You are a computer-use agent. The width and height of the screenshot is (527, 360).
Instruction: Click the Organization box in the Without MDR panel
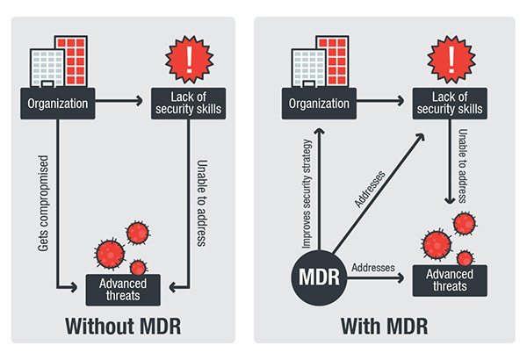57,104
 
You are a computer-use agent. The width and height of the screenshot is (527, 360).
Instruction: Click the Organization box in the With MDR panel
314,104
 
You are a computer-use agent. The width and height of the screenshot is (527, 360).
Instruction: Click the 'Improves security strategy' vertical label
302,187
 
